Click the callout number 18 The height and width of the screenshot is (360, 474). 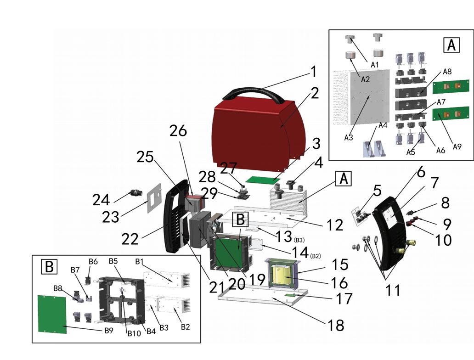point(336,325)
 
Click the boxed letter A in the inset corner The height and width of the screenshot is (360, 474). point(451,45)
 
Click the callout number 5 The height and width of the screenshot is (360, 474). point(377,190)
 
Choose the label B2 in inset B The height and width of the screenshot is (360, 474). point(186,326)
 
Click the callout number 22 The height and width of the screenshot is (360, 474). point(130,239)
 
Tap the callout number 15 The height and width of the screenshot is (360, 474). point(340,265)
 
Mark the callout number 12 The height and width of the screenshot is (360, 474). point(335,225)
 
